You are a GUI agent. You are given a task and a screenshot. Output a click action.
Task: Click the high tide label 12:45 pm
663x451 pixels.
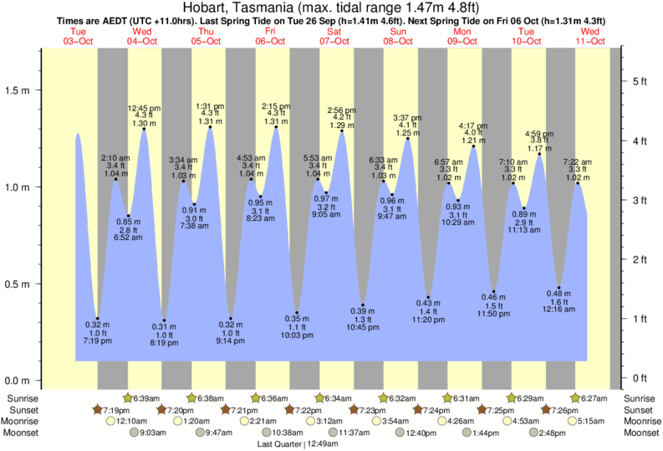point(144,108)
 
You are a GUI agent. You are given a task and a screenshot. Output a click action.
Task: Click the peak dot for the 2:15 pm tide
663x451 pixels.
point(276,127)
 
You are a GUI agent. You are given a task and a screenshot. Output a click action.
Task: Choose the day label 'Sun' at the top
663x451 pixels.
point(399,32)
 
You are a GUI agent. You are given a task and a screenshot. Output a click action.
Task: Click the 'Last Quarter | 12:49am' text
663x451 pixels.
point(298,443)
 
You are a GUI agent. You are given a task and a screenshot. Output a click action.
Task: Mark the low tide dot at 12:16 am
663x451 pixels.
point(559,287)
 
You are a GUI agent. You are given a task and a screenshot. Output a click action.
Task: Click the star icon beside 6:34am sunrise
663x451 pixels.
point(319,398)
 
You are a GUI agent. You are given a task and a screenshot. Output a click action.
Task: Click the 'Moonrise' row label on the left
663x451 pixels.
point(25,421)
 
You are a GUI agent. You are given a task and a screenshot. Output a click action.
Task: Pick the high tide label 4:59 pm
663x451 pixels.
point(538,133)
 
